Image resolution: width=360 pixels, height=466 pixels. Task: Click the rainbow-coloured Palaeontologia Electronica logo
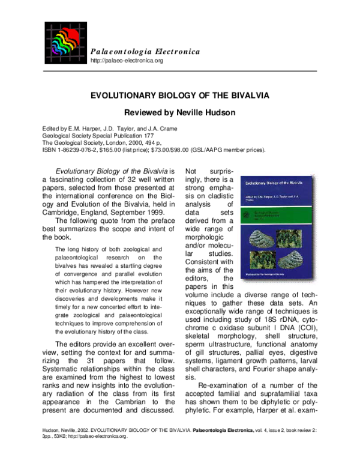pyautogui.click(x=65, y=44)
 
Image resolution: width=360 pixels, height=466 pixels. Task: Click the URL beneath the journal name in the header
pyautogui.click(x=127, y=61)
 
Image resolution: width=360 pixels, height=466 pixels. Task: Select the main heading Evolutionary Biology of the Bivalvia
pyautogui.click(x=179, y=95)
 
